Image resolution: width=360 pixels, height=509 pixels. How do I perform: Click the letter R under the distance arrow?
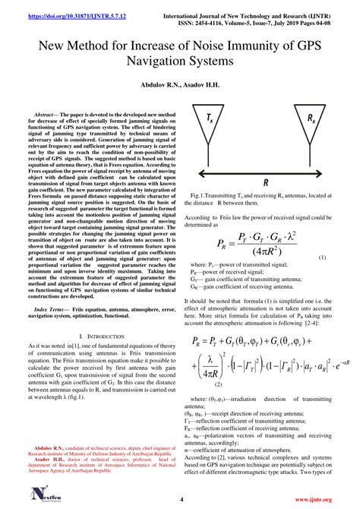coord(265,183)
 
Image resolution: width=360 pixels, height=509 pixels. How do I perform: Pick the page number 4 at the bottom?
coord(182,499)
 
